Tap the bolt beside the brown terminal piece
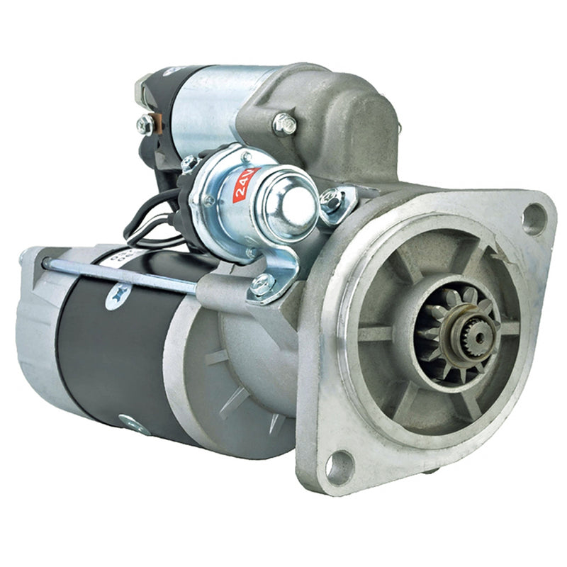click(145, 123)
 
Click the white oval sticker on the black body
click(118, 296)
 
